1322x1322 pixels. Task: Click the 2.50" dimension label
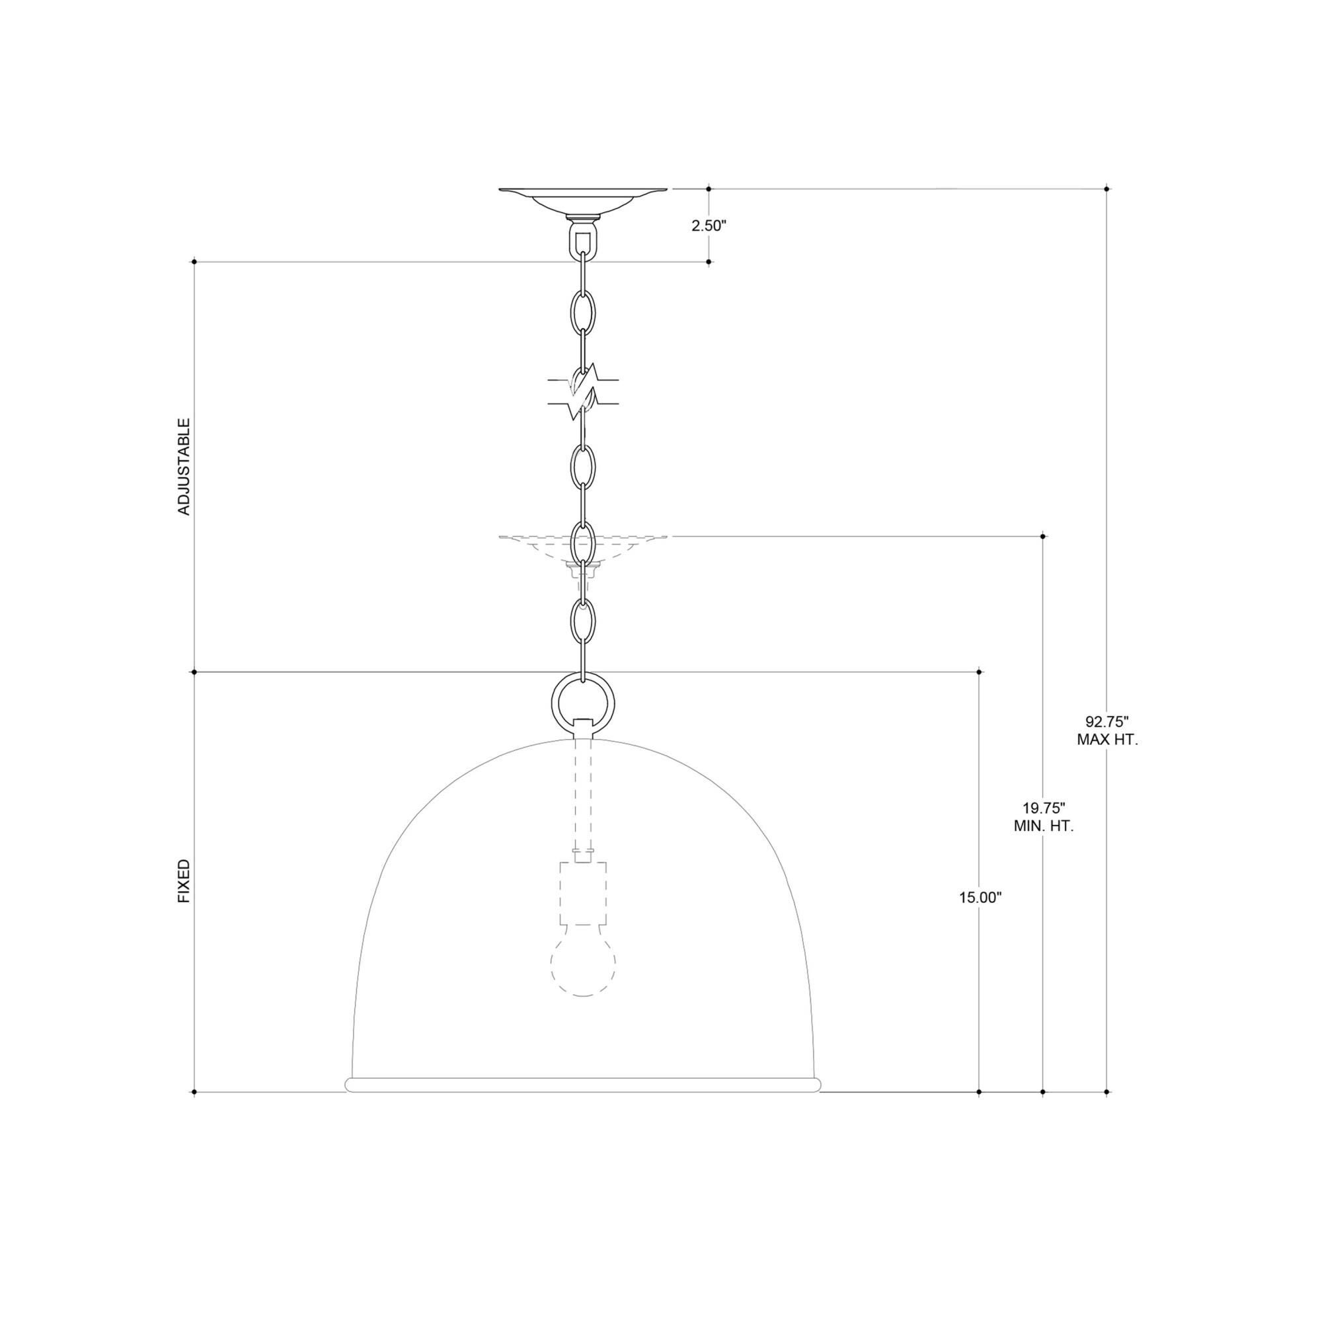pyautogui.click(x=707, y=226)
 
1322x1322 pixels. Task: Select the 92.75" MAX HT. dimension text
pyautogui.click(x=1107, y=730)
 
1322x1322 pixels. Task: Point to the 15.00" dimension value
pyautogui.click(x=980, y=898)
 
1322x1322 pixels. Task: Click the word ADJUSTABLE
pyautogui.click(x=183, y=467)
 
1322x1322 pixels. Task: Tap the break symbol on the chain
pyautogui.click(x=583, y=391)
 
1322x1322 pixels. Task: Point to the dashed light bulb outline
pyautogui.click(x=583, y=964)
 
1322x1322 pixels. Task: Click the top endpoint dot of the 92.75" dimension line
pyautogui.click(x=1107, y=188)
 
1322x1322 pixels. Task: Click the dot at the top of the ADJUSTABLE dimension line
pyautogui.click(x=195, y=261)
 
